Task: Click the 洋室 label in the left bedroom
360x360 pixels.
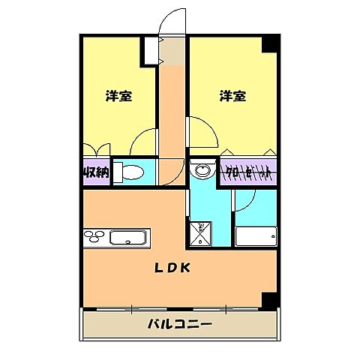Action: [118, 96]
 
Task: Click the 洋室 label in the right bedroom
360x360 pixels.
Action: [232, 96]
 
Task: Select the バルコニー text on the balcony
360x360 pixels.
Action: [179, 325]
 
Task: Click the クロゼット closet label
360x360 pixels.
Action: [248, 172]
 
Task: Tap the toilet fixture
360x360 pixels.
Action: [128, 172]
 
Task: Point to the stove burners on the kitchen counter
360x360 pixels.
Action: [96, 238]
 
